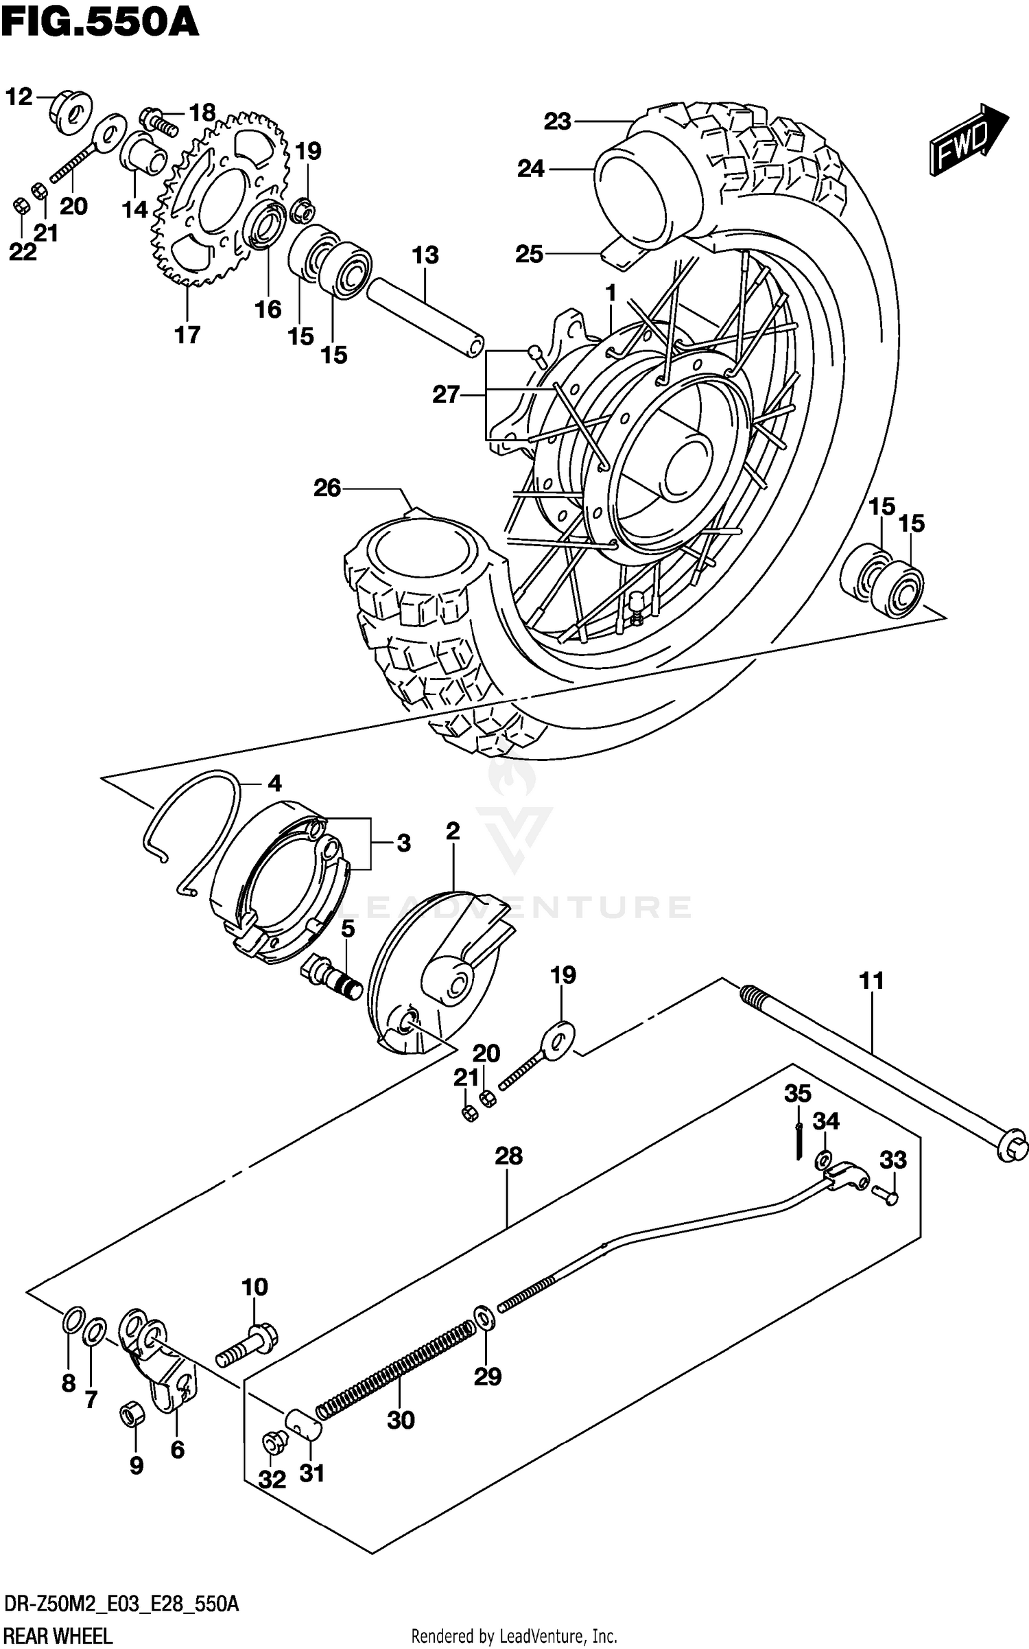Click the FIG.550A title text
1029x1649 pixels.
[x=99, y=22]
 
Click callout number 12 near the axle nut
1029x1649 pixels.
[x=19, y=97]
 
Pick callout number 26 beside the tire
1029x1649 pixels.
[x=327, y=488]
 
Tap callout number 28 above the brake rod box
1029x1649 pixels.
[x=508, y=1156]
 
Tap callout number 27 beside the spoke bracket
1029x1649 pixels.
[x=446, y=395]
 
